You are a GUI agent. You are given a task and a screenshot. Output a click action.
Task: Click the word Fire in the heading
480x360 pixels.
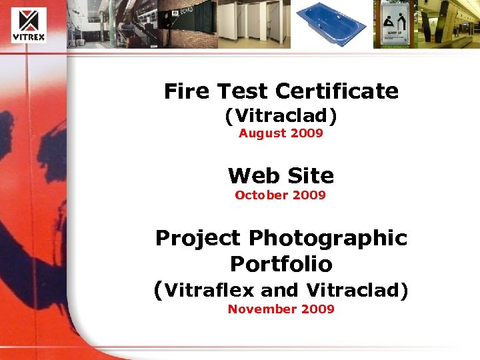187,91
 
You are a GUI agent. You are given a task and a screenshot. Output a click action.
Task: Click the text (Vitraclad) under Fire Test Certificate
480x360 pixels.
281,116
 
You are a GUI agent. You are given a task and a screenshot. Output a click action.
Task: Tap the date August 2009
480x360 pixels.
281,133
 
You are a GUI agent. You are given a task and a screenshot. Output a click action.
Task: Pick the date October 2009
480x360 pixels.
280,195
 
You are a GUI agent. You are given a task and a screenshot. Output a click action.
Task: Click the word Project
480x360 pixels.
197,238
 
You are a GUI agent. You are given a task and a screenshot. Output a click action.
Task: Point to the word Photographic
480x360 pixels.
327,238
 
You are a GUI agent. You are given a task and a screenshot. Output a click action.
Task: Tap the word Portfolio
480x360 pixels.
281,264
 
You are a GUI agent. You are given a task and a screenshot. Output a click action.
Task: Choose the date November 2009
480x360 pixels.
281,309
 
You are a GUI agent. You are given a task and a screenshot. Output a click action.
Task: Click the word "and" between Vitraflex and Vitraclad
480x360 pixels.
279,291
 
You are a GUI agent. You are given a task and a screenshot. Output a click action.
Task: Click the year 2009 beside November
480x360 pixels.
317,309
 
